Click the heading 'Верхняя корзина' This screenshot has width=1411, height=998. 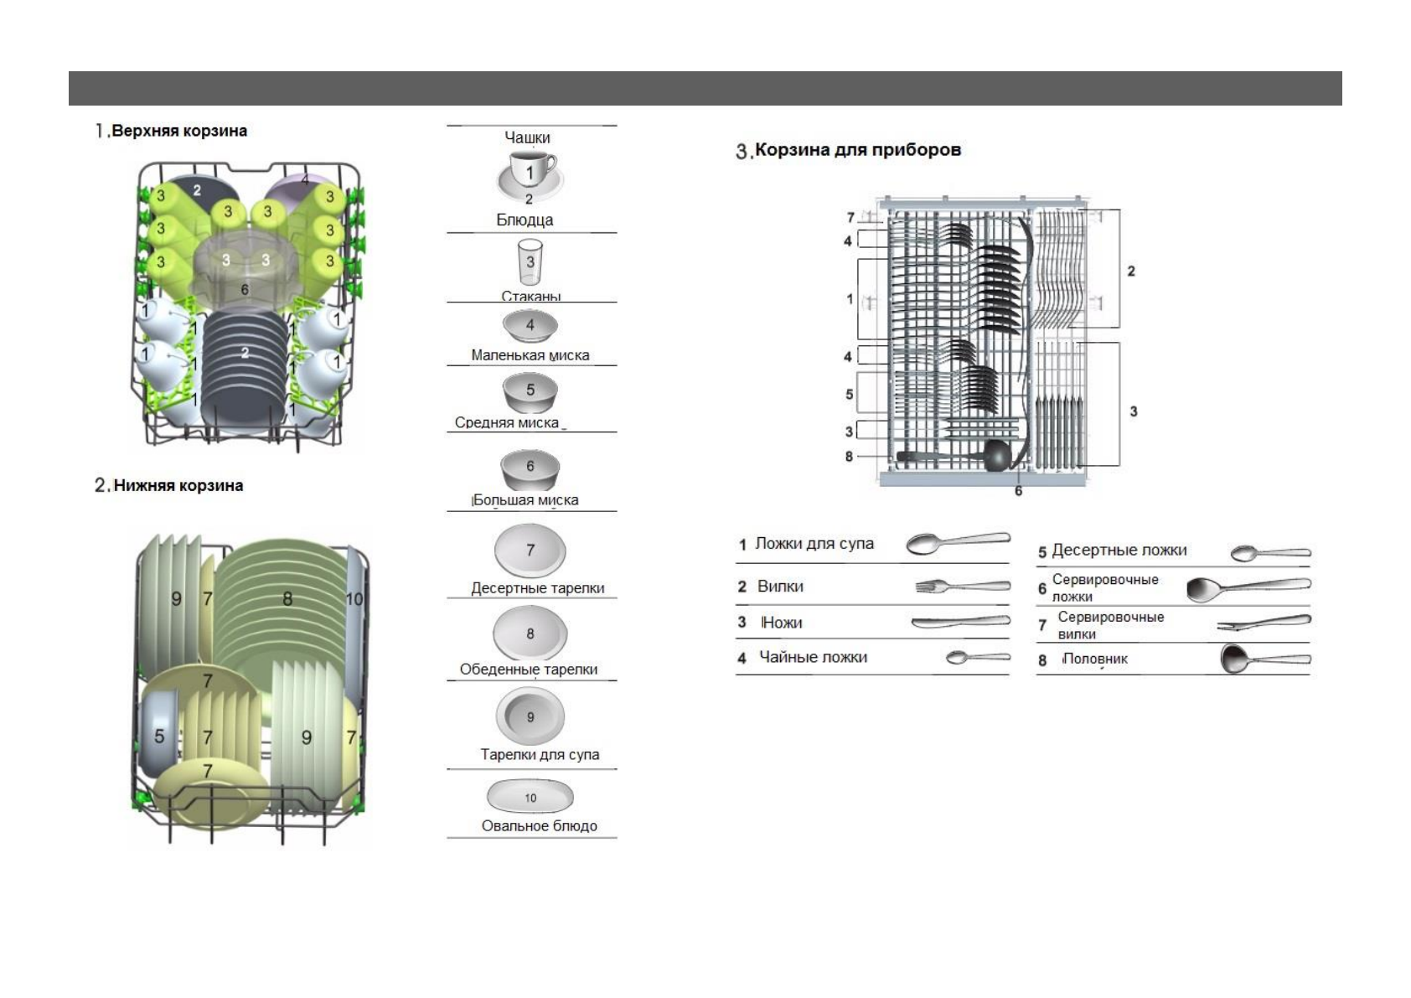(178, 131)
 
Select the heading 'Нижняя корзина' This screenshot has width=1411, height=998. (178, 485)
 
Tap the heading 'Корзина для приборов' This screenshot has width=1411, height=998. (857, 150)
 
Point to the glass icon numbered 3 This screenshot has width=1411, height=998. (530, 262)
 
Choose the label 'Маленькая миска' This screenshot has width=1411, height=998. (530, 355)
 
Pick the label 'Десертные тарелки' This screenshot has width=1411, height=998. (537, 588)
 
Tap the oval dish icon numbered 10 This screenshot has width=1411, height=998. (530, 797)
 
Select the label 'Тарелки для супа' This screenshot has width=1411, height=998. (540, 754)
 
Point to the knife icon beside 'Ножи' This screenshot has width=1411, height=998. (960, 622)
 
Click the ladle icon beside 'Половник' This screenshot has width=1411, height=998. (1264, 659)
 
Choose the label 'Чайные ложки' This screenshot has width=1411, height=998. (813, 657)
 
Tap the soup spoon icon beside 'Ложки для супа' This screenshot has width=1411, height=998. (958, 543)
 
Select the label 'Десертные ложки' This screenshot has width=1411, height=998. (1119, 551)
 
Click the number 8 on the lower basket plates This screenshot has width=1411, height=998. (287, 598)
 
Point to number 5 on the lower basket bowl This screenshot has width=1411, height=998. (159, 737)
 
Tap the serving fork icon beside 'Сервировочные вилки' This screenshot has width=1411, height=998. (1264, 623)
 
